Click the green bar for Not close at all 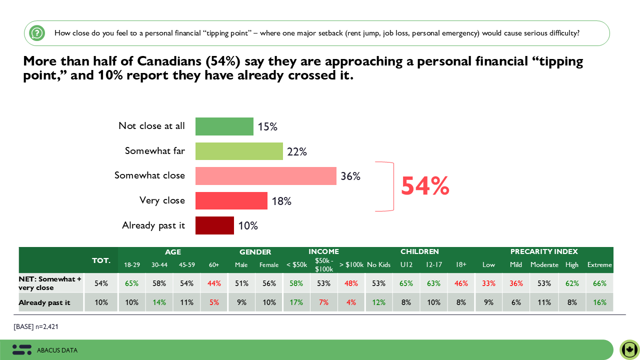(x=224, y=126)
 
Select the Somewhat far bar (x=239, y=151)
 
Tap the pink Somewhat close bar (x=265, y=176)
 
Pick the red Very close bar (x=231, y=200)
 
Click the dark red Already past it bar (x=214, y=225)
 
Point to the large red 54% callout (x=425, y=186)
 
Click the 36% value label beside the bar (x=350, y=176)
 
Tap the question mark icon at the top (x=36, y=33)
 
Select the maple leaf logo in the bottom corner (x=629, y=349)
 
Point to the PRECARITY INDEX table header (x=544, y=252)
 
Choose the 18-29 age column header (x=132, y=265)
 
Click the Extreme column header (x=599, y=265)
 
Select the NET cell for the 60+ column (x=214, y=283)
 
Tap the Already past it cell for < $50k (x=296, y=302)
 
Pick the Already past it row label (x=44, y=302)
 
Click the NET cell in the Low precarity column (x=488, y=283)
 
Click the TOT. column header (x=101, y=260)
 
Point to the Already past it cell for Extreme (x=599, y=302)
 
